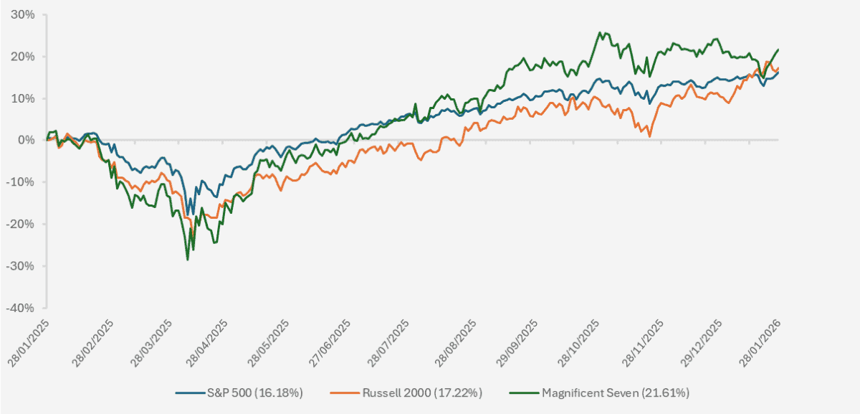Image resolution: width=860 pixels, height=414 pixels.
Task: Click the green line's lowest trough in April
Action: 188,259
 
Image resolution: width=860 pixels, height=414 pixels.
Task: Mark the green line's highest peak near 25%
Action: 600,32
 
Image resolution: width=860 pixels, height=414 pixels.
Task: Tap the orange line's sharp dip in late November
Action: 649,136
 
